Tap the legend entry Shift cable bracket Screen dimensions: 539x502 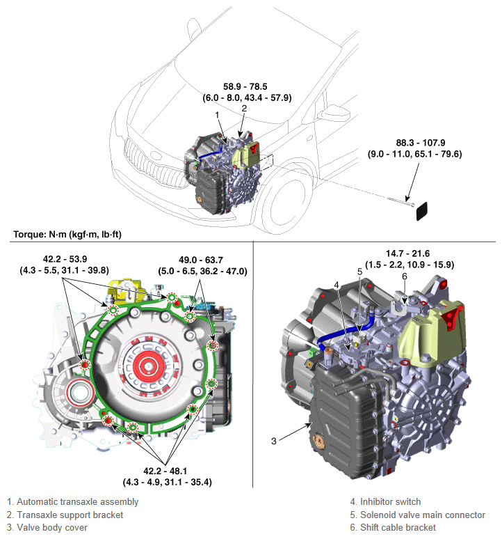pyautogui.click(x=398, y=528)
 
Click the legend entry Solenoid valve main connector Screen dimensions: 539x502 pyautogui.click(x=422, y=515)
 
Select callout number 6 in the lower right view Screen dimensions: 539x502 pyautogui.click(x=403, y=276)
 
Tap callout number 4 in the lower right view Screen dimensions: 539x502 pyautogui.click(x=336, y=284)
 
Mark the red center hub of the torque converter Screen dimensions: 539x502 pyautogui.click(x=147, y=363)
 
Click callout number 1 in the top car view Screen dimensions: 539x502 pyautogui.click(x=218, y=114)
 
